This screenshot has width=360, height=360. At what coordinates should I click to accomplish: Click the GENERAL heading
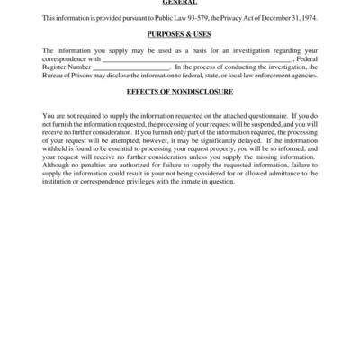click(x=180, y=4)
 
